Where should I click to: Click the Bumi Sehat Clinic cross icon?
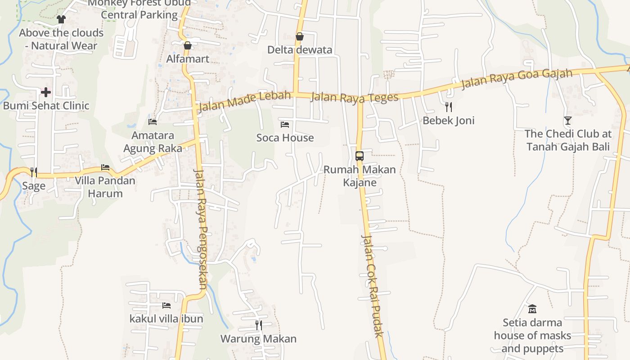click(45, 92)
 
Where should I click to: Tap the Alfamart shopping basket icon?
click(188, 45)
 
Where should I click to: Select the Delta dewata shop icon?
click(299, 36)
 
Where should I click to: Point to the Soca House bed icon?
click(285, 124)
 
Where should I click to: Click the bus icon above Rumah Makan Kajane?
click(360, 156)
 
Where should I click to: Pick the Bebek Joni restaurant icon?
click(448, 107)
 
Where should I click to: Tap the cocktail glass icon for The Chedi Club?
click(568, 120)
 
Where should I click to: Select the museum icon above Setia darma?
click(532, 309)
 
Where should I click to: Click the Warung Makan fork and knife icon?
click(258, 325)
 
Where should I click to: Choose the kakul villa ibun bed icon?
click(166, 305)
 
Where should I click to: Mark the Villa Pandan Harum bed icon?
click(105, 167)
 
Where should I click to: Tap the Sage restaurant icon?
click(34, 172)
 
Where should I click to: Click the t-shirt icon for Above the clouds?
click(61, 19)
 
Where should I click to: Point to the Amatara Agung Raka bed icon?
click(153, 121)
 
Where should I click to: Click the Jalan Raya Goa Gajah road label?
click(517, 79)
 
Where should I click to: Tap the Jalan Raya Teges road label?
click(355, 97)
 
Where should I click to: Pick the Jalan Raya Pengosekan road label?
click(201, 229)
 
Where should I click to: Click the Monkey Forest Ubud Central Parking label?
click(139, 9)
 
